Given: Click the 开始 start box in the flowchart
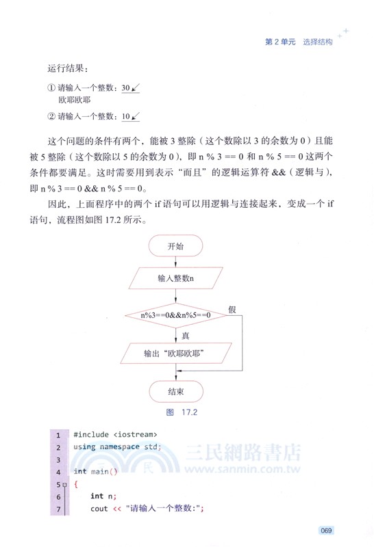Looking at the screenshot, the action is (x=175, y=246).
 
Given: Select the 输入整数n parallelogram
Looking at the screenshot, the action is (x=175, y=278).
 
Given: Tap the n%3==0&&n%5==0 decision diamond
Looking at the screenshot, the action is (x=175, y=315).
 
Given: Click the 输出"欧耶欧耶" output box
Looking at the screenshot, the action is (x=175, y=353).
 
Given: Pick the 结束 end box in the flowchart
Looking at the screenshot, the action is (x=175, y=391).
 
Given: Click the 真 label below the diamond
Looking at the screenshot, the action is (x=185, y=336).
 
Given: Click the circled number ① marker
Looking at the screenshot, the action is (x=51, y=88).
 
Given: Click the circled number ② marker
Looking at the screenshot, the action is (x=51, y=116).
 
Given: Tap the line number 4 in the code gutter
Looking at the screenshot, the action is (x=58, y=472).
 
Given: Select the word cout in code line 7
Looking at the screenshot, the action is (x=99, y=509).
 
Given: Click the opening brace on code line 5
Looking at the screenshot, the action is (x=76, y=484).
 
